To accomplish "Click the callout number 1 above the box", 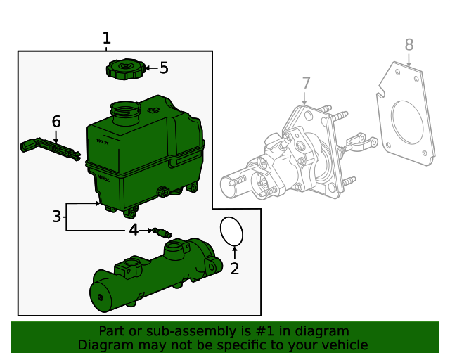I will click(106, 38).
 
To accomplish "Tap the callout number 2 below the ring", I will click(235, 268).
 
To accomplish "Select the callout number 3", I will click(57, 217).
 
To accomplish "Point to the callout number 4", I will click(134, 230).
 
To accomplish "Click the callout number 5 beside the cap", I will click(164, 68).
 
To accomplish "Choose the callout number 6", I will click(56, 122).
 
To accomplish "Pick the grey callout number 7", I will click(306, 84).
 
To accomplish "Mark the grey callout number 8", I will click(409, 45).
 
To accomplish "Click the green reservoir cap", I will click(125, 69).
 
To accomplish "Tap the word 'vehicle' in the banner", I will click(344, 345).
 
